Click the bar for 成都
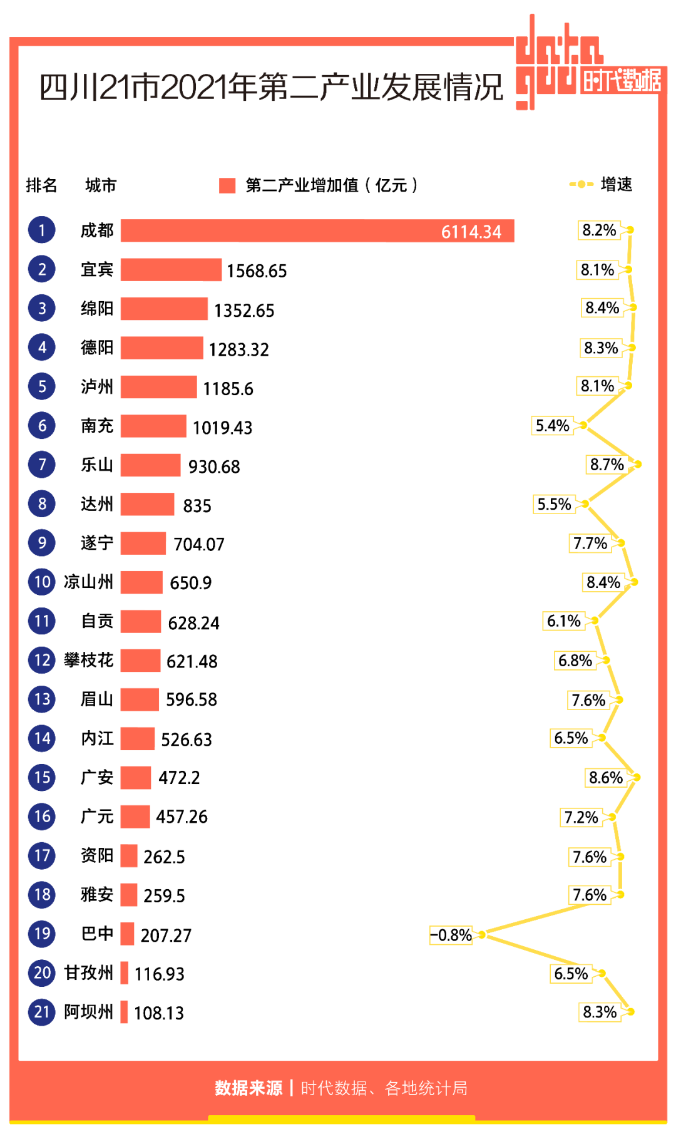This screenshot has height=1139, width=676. point(317,230)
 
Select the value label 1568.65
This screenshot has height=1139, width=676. point(257,271)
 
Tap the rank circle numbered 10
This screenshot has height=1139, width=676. point(42,582)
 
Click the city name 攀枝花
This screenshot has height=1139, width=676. point(88,660)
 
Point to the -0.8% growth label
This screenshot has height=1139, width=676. point(451,935)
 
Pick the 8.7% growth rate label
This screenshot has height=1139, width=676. point(607,465)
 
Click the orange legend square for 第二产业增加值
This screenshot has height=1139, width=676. point(227,185)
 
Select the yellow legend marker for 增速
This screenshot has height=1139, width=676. point(581,184)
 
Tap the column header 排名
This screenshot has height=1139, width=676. point(41,185)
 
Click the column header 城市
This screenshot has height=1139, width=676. point(101,185)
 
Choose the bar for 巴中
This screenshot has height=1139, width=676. point(127,934)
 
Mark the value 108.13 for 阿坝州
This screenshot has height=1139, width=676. point(159,1013)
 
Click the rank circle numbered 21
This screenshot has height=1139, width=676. point(42,1012)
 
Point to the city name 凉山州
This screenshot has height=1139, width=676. point(88,582)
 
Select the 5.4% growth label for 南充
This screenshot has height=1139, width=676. point(552,426)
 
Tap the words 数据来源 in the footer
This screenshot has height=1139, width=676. point(248,1088)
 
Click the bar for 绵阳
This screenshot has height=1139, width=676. point(164,309)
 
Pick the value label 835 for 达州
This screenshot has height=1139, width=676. point(197,506)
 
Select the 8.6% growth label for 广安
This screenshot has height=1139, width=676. point(605,778)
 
